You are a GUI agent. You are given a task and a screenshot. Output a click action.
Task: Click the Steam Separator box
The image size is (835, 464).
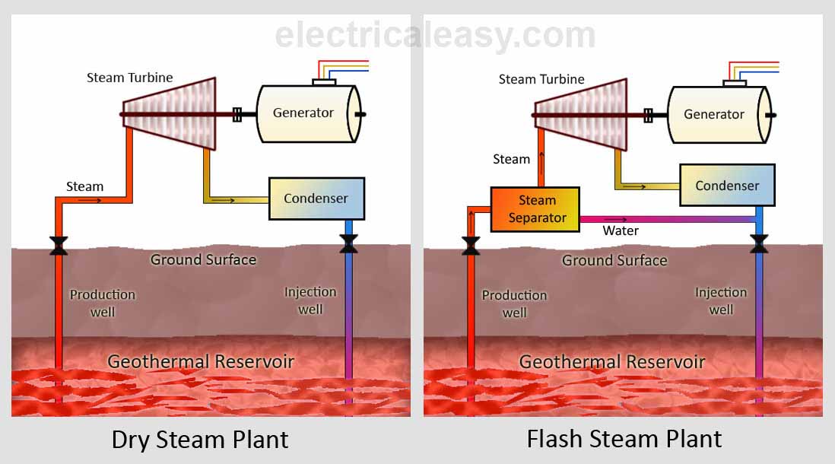pos(535,208)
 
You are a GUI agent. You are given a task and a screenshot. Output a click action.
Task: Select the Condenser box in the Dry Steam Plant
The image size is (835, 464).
pos(316,199)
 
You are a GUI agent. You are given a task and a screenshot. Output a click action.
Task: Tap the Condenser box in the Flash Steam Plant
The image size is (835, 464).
pos(727,186)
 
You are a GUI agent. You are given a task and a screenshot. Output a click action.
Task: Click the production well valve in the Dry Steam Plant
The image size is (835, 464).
pos(58,246)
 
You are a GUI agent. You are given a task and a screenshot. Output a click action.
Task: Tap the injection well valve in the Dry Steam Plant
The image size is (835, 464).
pos(349,244)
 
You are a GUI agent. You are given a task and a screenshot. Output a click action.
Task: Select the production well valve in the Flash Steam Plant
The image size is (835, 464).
pos(471,245)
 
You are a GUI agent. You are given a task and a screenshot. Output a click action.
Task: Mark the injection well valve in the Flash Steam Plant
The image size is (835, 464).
pos(758,244)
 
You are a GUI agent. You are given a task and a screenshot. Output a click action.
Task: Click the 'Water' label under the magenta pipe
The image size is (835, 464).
pos(621,230)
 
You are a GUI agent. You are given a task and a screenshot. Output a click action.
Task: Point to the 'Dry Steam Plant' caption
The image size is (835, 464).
pos(200,440)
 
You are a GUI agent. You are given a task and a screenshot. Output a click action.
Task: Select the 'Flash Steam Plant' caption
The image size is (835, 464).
pos(624,439)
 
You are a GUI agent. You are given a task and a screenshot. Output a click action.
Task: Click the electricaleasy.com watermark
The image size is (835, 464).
pos(435,36)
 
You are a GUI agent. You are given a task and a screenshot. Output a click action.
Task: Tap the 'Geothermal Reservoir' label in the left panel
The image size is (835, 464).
pos(200,361)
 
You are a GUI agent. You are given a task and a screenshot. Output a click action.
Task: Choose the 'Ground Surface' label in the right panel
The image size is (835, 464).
pos(614,261)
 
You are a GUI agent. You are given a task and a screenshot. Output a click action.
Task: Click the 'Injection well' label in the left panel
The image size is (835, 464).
pos(310,300)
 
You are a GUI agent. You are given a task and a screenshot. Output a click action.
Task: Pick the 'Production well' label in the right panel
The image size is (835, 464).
pos(514,304)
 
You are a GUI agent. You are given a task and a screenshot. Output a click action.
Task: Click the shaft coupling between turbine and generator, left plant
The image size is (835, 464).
pos(237,114)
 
